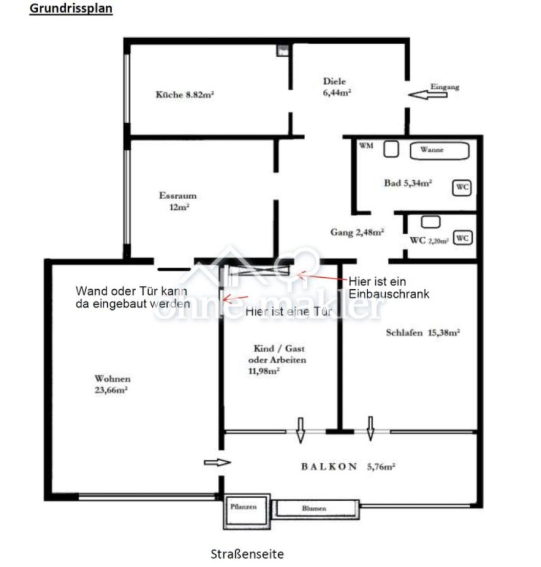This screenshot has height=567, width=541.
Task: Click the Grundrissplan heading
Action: click(71, 9)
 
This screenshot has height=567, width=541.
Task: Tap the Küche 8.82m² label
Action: click(185, 95)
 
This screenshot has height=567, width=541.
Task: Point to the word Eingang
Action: click(445, 87)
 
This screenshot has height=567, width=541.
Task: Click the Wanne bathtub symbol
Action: click(440, 150)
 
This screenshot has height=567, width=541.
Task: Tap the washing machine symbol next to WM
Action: click(392, 149)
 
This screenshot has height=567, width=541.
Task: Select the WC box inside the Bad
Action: click(462, 187)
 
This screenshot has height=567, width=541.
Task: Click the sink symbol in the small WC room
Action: click(431, 222)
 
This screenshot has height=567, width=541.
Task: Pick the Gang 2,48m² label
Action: click(357, 232)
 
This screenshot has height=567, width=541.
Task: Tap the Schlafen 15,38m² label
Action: click(422, 333)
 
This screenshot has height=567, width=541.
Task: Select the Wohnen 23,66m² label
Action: click(112, 384)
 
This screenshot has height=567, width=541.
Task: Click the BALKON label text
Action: click(330, 467)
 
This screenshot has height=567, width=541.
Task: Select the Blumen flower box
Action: click(315, 508)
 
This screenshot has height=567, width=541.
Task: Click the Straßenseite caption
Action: click(247, 554)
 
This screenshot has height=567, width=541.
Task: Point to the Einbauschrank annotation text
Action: click(388, 287)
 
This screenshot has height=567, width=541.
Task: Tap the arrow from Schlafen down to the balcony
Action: click(370, 428)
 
